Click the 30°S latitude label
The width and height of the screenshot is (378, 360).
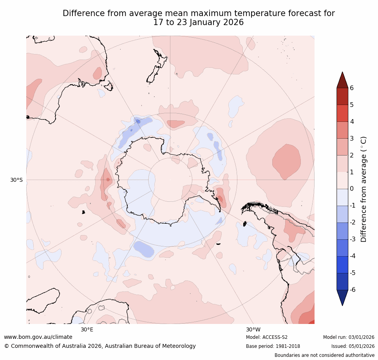point(16,180)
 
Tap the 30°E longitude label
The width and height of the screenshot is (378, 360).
point(87,329)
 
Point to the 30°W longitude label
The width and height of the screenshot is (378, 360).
point(253,329)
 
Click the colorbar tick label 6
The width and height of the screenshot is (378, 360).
point(351,88)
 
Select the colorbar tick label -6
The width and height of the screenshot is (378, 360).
point(353,290)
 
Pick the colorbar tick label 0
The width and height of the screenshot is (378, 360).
point(351,189)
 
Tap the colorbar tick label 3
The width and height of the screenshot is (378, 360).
point(351,138)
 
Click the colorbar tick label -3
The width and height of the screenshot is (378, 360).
point(353,239)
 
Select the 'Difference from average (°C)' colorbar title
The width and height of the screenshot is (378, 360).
point(364,189)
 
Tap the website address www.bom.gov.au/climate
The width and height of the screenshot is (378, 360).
point(38,337)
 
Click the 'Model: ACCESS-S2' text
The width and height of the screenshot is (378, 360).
point(267,337)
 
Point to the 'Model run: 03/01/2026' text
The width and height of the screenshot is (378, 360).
point(349,337)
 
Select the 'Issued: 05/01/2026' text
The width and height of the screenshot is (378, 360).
point(353,346)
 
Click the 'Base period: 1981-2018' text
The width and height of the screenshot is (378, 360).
point(273,346)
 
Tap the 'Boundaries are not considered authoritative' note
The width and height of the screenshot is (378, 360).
point(324,355)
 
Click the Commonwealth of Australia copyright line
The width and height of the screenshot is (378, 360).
point(100,346)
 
